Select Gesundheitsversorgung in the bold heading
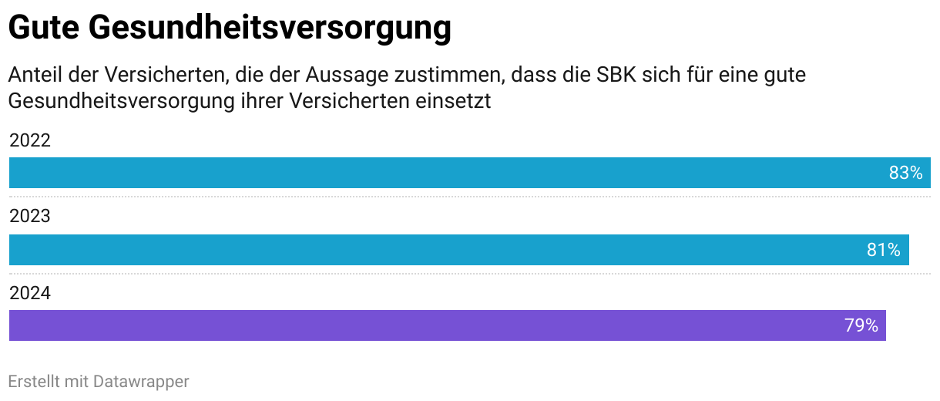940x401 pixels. point(269,29)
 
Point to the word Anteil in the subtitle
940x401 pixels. point(34,76)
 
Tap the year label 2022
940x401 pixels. point(29,140)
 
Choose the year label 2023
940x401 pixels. point(29,216)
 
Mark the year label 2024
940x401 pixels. point(29,292)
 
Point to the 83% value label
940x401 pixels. point(905,173)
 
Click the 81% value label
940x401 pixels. point(884,250)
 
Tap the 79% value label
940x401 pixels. point(861,325)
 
